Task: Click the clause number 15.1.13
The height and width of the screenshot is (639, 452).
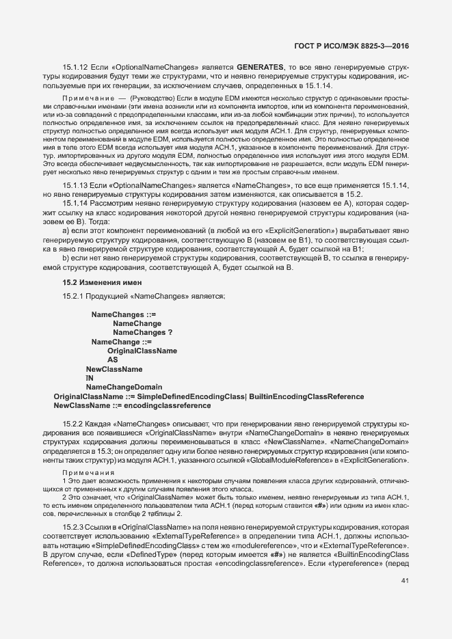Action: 74,186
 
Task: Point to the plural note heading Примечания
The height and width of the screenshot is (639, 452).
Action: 87,473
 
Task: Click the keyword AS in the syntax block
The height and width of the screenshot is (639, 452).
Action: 113,359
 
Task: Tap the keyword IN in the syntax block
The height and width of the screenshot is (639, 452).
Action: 89,378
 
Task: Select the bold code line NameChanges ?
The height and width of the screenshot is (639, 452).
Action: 142,332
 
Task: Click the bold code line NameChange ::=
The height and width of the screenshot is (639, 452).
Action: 121,341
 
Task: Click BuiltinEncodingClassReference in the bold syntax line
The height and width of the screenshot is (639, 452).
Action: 306,396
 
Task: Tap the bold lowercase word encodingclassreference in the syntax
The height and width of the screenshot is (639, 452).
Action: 167,405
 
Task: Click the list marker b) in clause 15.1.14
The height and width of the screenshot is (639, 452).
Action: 66,259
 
